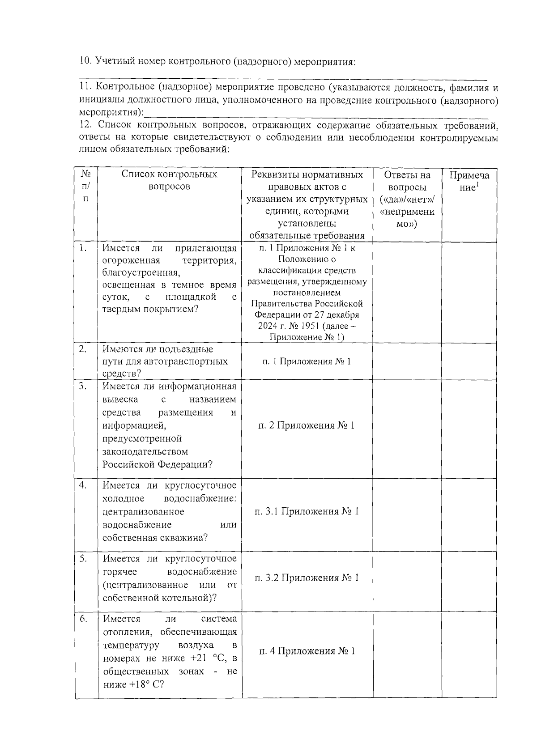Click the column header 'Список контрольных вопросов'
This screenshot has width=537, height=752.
pyautogui.click(x=169, y=180)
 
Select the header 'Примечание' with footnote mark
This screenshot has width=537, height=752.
pyautogui.click(x=469, y=181)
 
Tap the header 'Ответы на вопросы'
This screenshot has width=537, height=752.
pyautogui.click(x=407, y=199)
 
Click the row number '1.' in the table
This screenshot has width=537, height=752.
pyautogui.click(x=83, y=248)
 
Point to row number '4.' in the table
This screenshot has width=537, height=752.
pyautogui.click(x=83, y=485)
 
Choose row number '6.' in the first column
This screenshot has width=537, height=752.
pyautogui.click(x=83, y=619)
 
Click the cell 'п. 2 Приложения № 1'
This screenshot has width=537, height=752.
pyautogui.click(x=307, y=425)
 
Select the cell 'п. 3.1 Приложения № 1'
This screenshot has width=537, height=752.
pyautogui.click(x=307, y=511)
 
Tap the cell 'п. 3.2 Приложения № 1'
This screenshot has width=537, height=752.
pyautogui.click(x=307, y=578)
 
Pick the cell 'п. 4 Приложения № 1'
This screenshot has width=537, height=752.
pyautogui.click(x=307, y=651)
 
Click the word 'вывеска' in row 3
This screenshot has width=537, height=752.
pyautogui.click(x=120, y=399)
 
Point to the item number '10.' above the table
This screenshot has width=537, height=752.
pyautogui.click(x=85, y=61)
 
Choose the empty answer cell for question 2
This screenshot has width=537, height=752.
pyautogui.click(x=407, y=361)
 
